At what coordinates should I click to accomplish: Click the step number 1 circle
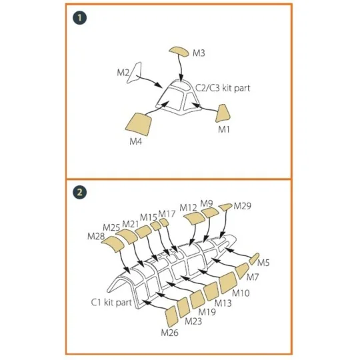coord(80,18)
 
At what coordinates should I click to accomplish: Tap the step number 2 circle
coord(80,192)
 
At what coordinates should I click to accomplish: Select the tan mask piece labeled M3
coord(179,51)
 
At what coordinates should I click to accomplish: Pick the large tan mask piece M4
coord(139,124)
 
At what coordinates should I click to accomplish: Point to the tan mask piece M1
coord(223,113)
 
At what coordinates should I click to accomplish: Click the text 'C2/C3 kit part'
coord(223,88)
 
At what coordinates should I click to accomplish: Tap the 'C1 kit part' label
coord(111,302)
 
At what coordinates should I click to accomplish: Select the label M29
coord(243,206)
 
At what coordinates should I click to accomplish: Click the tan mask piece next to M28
coord(113,244)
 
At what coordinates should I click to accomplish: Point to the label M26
coord(170,333)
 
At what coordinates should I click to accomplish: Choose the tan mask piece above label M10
coord(228,283)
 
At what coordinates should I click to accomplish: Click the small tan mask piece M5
coord(254,259)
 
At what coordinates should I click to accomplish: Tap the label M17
coord(167,214)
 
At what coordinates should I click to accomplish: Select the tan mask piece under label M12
coord(195,217)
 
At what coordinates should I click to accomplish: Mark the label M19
coord(207,312)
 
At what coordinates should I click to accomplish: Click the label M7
coord(253,277)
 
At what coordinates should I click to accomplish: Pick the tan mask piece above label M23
coord(183,307)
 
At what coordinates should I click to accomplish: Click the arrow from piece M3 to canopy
coord(181,69)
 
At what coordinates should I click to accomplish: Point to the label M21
coord(131,224)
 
